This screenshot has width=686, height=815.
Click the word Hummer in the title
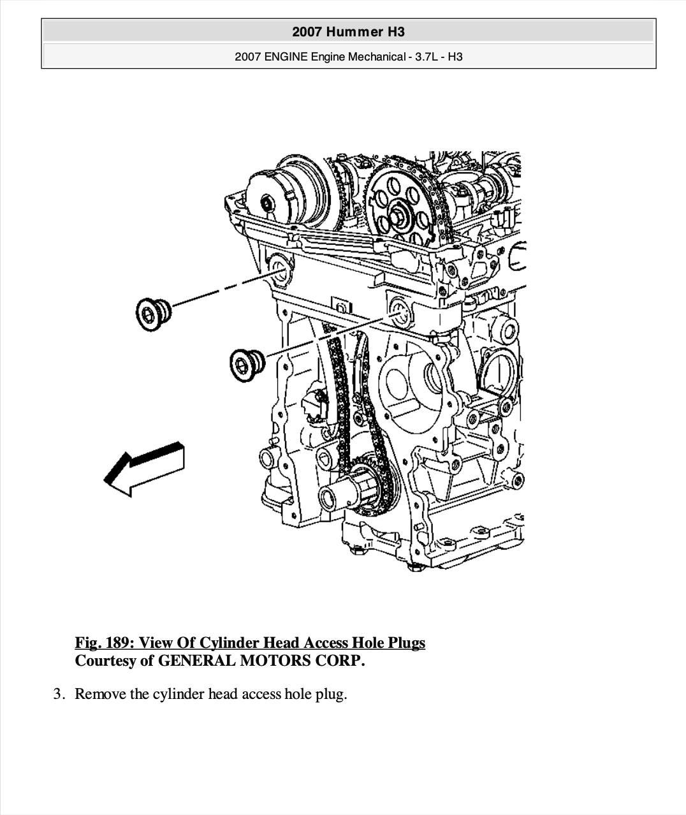click(x=354, y=32)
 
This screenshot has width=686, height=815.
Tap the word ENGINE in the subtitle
click(x=286, y=57)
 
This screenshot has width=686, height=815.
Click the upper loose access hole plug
click(x=153, y=314)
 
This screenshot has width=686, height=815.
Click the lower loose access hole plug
click(x=247, y=365)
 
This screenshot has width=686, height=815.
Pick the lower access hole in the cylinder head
click(x=400, y=313)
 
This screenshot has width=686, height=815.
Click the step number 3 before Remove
click(x=59, y=694)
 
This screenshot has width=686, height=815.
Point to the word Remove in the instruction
click(x=100, y=694)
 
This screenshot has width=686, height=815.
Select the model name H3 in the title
click(x=396, y=32)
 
